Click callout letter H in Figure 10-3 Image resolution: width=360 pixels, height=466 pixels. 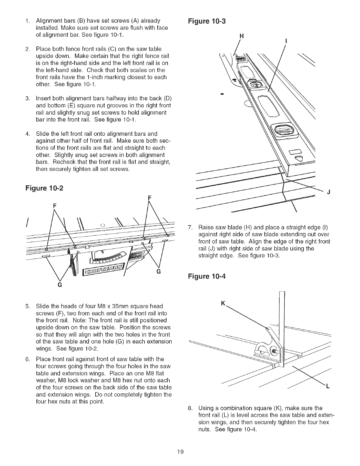242,36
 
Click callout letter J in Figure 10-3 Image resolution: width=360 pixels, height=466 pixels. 329,193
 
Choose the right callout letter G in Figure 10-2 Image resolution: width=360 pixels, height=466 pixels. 158,272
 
